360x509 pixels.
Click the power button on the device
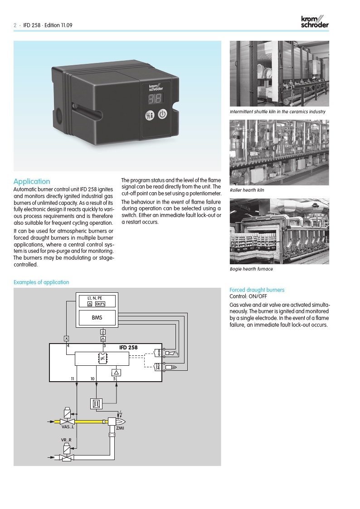(x=163, y=115)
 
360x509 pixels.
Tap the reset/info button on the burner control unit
(x=150, y=116)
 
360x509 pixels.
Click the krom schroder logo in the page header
(x=315, y=21)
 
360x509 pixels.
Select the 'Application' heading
(x=32, y=181)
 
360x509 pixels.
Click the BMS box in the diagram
(x=97, y=317)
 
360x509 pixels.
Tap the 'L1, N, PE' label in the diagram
(x=95, y=298)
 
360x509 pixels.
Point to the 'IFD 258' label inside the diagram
(x=128, y=348)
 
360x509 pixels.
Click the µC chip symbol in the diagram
(x=102, y=358)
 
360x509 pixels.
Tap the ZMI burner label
(x=120, y=427)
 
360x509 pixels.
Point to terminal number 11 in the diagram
(x=73, y=378)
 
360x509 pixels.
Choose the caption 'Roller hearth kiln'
(x=247, y=190)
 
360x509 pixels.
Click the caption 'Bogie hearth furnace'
(x=251, y=269)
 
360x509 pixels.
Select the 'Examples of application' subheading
(x=41, y=282)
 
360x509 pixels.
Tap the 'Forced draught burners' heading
(x=257, y=290)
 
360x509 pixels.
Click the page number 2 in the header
(x=15, y=25)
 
